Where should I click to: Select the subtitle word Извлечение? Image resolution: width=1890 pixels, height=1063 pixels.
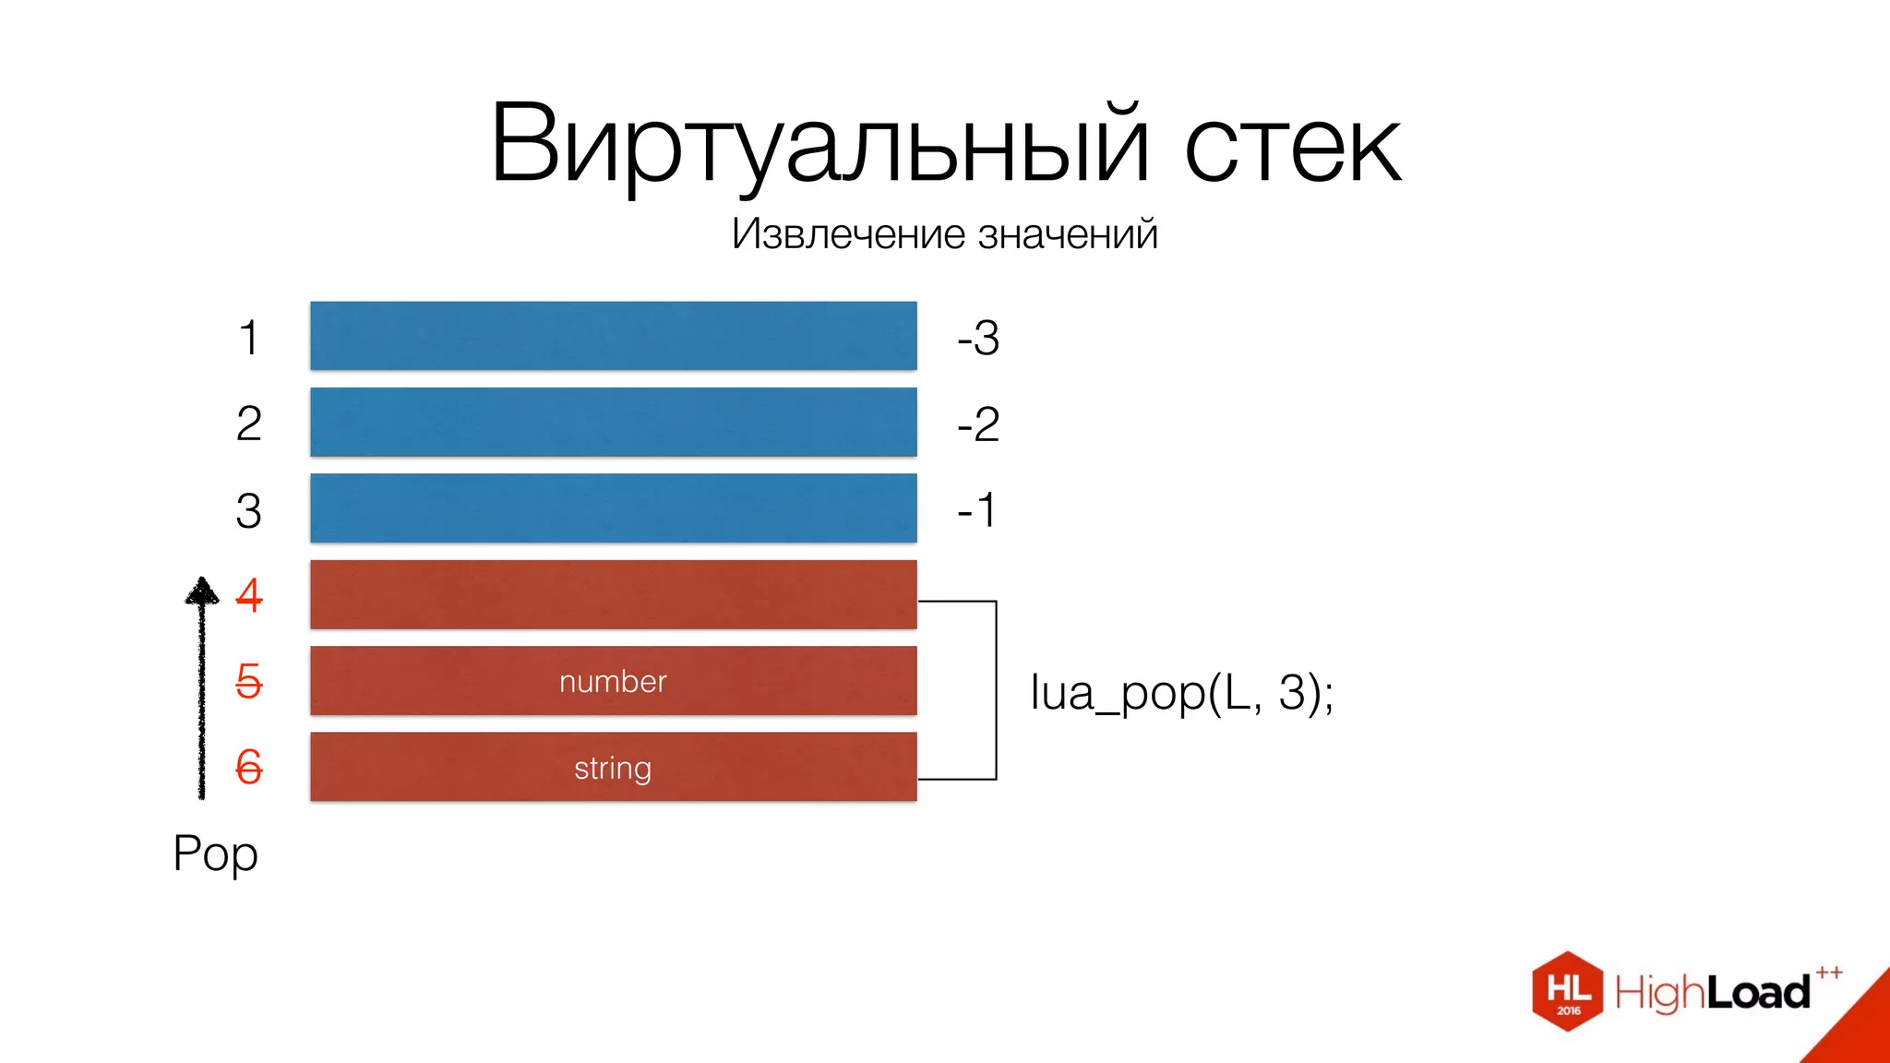pyautogui.click(x=848, y=233)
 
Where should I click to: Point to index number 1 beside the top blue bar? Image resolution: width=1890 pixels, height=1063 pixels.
pyautogui.click(x=248, y=338)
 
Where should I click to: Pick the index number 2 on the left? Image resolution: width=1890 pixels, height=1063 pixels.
pyautogui.click(x=248, y=424)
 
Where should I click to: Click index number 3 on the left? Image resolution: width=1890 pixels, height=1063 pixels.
pyautogui.click(x=248, y=510)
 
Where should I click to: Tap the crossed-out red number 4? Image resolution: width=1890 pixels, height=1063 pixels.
pyautogui.click(x=249, y=595)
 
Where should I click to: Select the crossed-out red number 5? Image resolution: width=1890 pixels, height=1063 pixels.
pyautogui.click(x=249, y=681)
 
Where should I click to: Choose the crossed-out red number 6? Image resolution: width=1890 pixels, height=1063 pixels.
pyautogui.click(x=249, y=767)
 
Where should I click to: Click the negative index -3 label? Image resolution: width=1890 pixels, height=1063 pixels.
pyautogui.click(x=978, y=338)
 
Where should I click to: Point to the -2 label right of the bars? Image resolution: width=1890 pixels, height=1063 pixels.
pyautogui.click(x=978, y=424)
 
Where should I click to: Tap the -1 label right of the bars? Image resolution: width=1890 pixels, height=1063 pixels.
pyautogui.click(x=976, y=510)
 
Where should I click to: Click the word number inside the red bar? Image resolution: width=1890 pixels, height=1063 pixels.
pyautogui.click(x=613, y=681)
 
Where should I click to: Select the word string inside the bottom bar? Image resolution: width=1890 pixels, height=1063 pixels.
pyautogui.click(x=613, y=768)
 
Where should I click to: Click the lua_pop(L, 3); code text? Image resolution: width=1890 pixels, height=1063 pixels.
pyautogui.click(x=1181, y=692)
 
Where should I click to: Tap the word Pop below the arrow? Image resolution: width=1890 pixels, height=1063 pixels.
pyautogui.click(x=215, y=854)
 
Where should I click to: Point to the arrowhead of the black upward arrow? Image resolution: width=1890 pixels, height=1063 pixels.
pyautogui.click(x=202, y=591)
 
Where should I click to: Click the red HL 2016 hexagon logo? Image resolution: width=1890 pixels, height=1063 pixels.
pyautogui.click(x=1567, y=991)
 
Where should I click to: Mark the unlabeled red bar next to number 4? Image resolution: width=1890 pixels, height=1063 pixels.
pyautogui.click(x=613, y=594)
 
